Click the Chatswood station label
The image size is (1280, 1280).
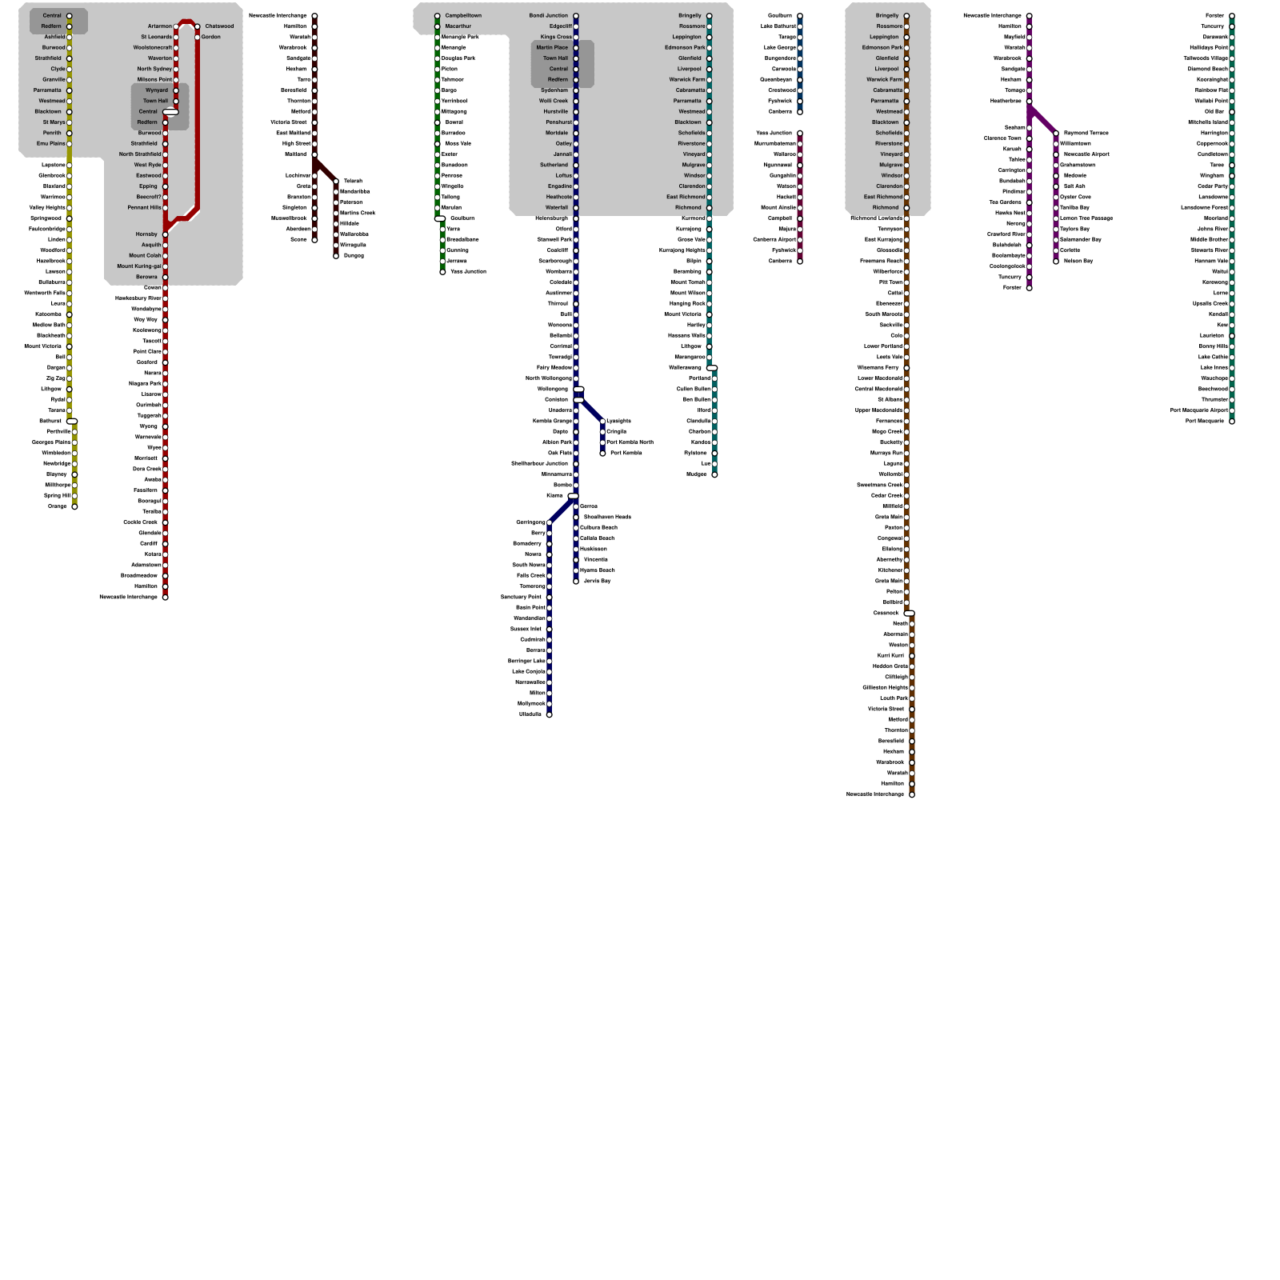click(219, 26)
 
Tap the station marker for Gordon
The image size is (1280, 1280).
click(198, 37)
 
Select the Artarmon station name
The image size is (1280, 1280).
click(159, 26)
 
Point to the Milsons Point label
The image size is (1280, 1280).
click(154, 80)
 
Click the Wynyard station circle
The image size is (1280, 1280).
click(176, 90)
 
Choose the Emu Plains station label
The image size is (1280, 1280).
click(51, 144)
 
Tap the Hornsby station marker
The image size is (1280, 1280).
click(166, 234)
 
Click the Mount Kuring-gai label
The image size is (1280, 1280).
click(139, 266)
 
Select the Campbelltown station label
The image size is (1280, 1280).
click(463, 16)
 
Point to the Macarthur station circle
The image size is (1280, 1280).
click(438, 26)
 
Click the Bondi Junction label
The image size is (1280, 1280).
click(548, 16)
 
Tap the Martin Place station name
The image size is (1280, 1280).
click(552, 48)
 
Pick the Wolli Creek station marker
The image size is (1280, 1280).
click(576, 101)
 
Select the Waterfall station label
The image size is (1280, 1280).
click(557, 208)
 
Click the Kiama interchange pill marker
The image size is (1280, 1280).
click(573, 496)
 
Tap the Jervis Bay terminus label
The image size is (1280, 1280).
click(597, 581)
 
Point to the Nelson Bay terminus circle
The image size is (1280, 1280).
click(1056, 261)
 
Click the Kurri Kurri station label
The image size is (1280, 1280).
click(890, 655)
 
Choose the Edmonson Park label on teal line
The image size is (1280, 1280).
click(685, 48)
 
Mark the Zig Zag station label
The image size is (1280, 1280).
click(55, 378)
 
